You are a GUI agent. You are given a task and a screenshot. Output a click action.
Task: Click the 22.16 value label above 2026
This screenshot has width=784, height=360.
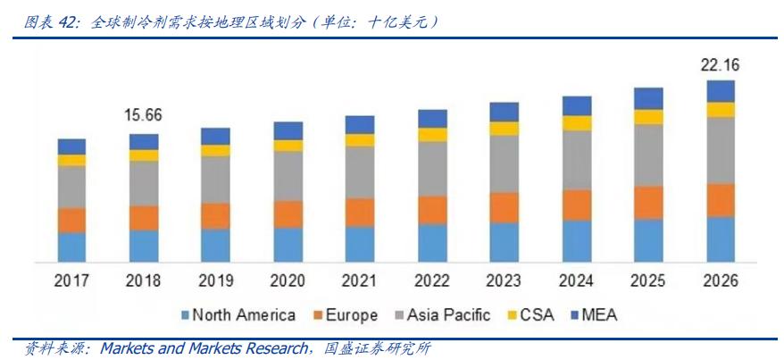point(720,64)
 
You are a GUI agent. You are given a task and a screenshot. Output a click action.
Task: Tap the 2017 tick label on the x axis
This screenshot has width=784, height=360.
point(71,280)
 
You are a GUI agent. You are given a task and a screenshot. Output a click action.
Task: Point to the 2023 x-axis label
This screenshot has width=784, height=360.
point(505,280)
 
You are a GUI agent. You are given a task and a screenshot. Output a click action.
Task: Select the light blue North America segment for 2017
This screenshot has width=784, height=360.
point(71,247)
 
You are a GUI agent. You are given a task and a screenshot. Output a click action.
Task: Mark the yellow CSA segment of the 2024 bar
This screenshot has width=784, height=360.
point(577,123)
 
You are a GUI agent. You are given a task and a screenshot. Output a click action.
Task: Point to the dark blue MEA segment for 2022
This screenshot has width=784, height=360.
point(432,119)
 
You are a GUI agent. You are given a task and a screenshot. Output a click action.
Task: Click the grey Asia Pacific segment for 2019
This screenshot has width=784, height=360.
point(215,180)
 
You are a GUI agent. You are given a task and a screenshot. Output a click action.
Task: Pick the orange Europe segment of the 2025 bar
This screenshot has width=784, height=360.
point(648,203)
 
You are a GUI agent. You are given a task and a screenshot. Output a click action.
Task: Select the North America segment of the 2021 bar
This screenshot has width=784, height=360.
point(360,243)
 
